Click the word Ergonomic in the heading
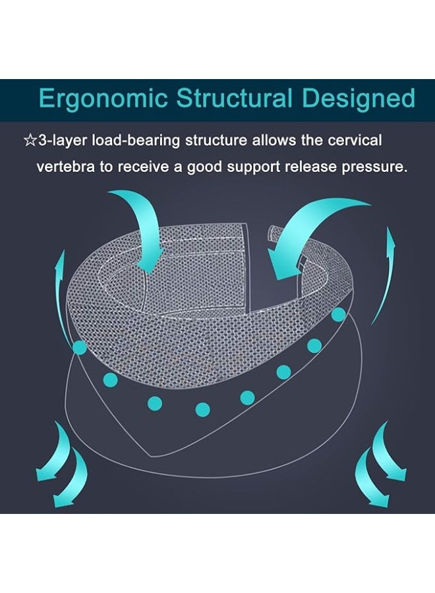click(103, 99)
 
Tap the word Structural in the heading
click(234, 98)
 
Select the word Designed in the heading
click(358, 99)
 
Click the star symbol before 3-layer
click(30, 141)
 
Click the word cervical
click(355, 140)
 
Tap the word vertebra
click(65, 167)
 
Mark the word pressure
click(374, 168)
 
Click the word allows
click(275, 140)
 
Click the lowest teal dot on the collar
click(203, 409)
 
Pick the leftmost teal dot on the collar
click(80, 347)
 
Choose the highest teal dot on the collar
click(339, 314)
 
